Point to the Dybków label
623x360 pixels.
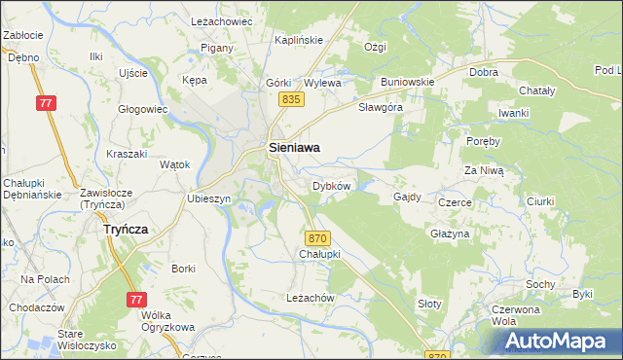(331, 185)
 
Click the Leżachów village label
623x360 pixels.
(311, 298)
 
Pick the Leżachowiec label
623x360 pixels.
(222, 20)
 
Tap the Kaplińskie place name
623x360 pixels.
(299, 40)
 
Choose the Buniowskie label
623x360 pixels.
(407, 82)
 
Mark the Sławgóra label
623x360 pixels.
(381, 107)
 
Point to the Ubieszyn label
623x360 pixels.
(208, 198)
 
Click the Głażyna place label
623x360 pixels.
(450, 234)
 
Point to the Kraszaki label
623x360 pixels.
(127, 155)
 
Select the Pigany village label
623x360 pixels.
(215, 48)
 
